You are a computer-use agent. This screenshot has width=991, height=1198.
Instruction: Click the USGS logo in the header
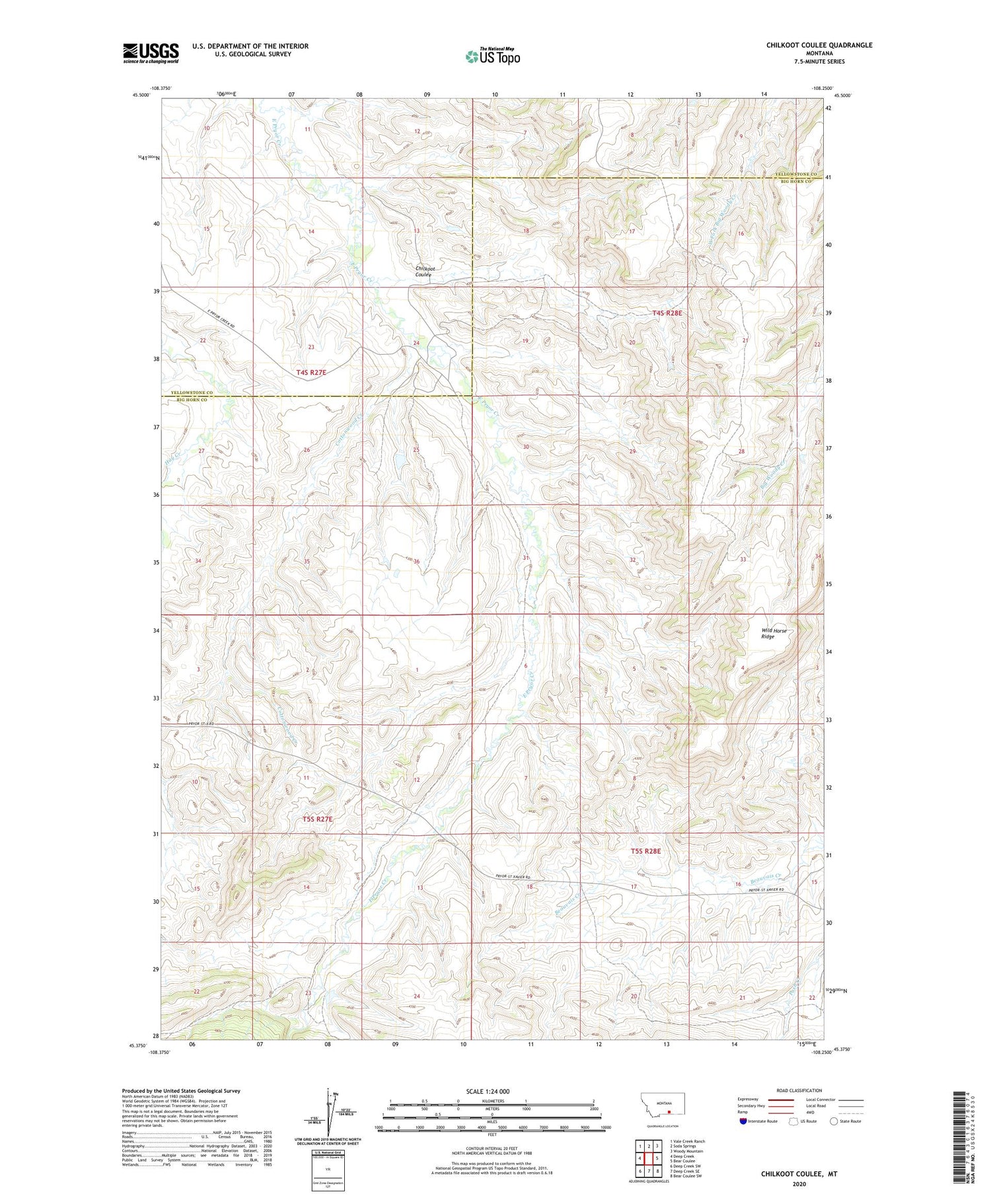tap(151, 53)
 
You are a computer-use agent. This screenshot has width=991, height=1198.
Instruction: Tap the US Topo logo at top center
tap(493, 56)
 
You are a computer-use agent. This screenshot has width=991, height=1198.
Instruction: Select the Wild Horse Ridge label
tap(774, 633)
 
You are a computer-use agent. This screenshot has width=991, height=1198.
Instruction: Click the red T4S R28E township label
tap(667, 313)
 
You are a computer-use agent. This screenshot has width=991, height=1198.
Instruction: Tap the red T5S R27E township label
tap(317, 819)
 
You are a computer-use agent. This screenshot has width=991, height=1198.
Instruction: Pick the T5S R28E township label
tap(645, 851)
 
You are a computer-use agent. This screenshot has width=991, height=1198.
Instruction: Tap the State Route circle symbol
tap(834, 1121)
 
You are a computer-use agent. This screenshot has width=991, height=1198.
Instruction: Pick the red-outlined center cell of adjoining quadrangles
tap(648, 1158)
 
